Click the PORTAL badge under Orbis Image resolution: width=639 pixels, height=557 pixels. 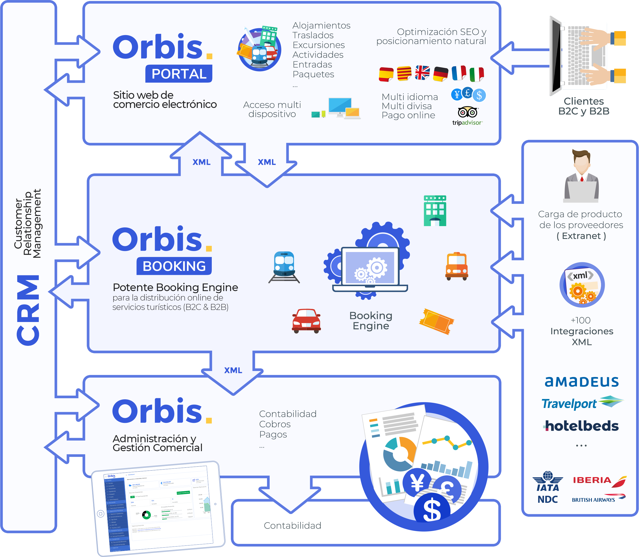point(179,74)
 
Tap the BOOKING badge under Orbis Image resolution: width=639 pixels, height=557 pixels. point(174,266)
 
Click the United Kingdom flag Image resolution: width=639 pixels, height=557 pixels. point(422,73)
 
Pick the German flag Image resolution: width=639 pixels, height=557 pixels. point(441,74)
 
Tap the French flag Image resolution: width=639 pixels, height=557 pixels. point(459,73)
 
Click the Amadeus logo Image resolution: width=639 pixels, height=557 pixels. point(582,382)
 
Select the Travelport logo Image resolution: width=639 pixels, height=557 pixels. point(582,403)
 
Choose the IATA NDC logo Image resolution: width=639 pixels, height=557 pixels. point(548,487)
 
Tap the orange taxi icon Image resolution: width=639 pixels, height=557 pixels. point(457,266)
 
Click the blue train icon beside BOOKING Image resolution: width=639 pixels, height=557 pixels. point(284,267)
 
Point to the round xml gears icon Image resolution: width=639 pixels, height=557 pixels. point(582,285)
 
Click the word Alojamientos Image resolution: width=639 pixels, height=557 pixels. point(321,25)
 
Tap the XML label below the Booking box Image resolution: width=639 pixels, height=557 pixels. point(233,370)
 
